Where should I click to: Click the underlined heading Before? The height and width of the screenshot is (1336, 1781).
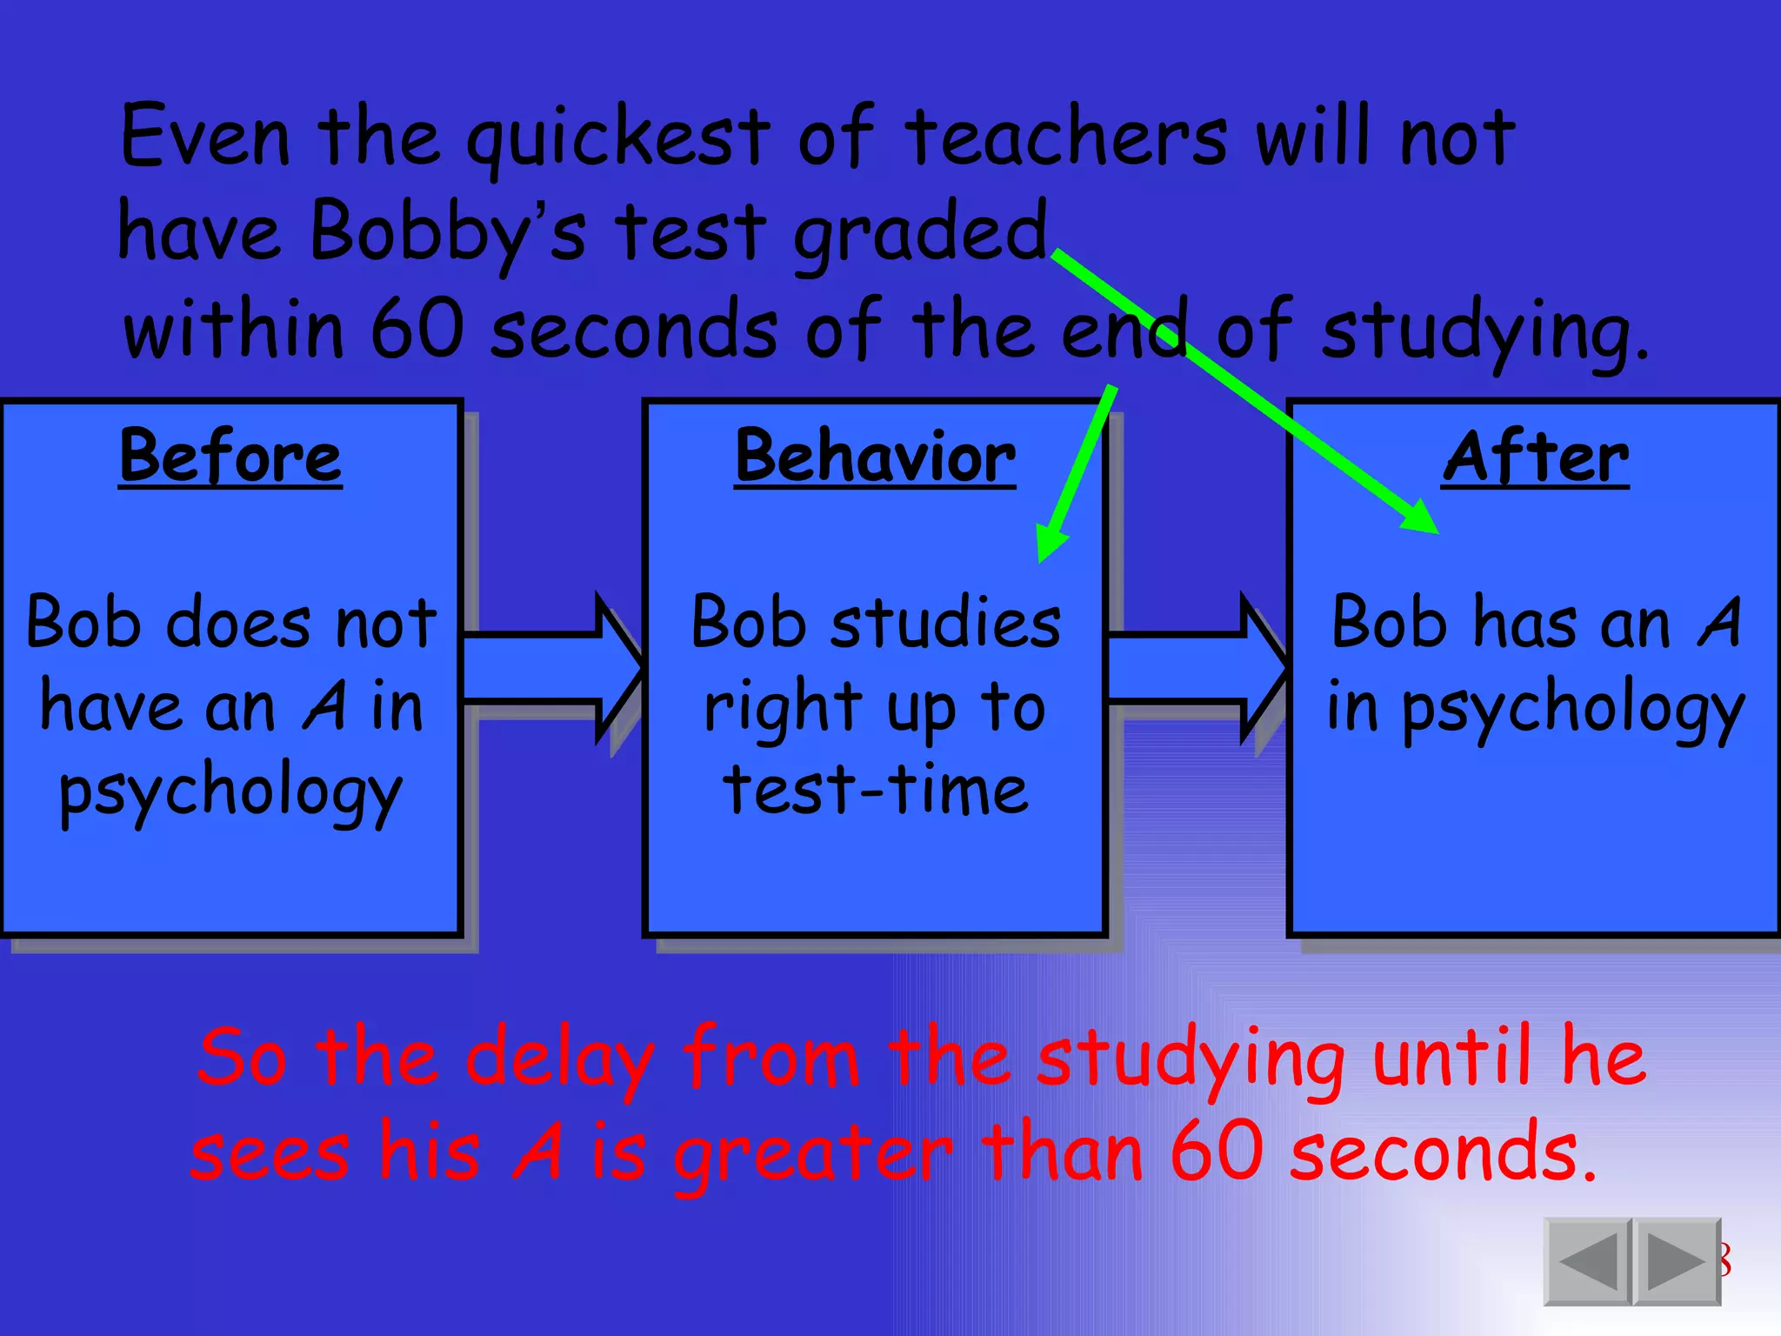230,457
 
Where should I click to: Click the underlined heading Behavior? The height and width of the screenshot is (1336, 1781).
875,457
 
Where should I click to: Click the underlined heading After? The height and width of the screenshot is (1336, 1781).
1536,457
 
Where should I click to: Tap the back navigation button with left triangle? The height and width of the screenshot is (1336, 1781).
1588,1261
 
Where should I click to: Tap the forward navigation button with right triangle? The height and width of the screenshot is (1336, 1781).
1677,1261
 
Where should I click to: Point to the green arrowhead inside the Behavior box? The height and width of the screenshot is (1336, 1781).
1051,544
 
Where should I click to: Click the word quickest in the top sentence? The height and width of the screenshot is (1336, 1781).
618,137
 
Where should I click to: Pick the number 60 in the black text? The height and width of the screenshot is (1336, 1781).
417,330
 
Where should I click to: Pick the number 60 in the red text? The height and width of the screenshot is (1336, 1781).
1217,1152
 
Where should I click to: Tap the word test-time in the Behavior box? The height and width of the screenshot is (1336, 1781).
876,790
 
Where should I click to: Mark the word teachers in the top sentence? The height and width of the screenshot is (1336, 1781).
1065,137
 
